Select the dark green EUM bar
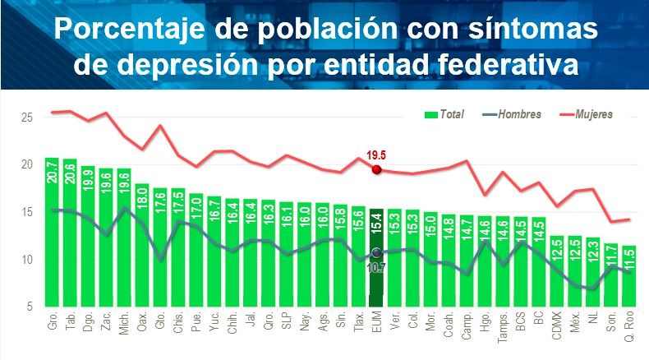point(376,263)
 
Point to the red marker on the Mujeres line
point(376,169)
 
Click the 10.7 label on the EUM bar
point(376,267)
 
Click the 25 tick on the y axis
point(27,118)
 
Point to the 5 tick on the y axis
point(30,307)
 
